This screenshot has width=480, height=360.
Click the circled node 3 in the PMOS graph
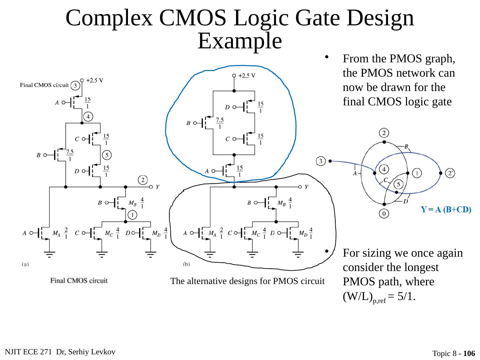tap(321, 161)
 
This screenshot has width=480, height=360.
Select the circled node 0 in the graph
tap(384, 213)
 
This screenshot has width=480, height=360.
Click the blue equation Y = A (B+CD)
tap(446, 210)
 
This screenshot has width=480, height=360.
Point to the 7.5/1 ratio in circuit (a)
tap(70, 155)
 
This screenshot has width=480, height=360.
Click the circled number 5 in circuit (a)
tap(107, 155)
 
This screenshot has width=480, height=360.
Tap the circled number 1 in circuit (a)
tap(132, 215)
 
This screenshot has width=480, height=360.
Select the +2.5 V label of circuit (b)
tap(247, 76)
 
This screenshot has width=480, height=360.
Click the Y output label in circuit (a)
tap(157, 187)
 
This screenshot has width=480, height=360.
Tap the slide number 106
tap(469, 353)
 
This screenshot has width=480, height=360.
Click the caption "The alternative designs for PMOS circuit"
tap(247, 281)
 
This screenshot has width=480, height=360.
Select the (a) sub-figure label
tap(25, 264)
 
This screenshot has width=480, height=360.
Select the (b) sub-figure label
tap(187, 264)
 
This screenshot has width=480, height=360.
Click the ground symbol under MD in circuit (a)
tap(151, 255)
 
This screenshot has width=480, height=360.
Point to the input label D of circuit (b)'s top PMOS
tap(227, 107)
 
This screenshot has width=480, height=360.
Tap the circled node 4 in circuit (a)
tap(88, 117)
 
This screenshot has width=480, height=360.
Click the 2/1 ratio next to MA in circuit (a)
tap(66, 233)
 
